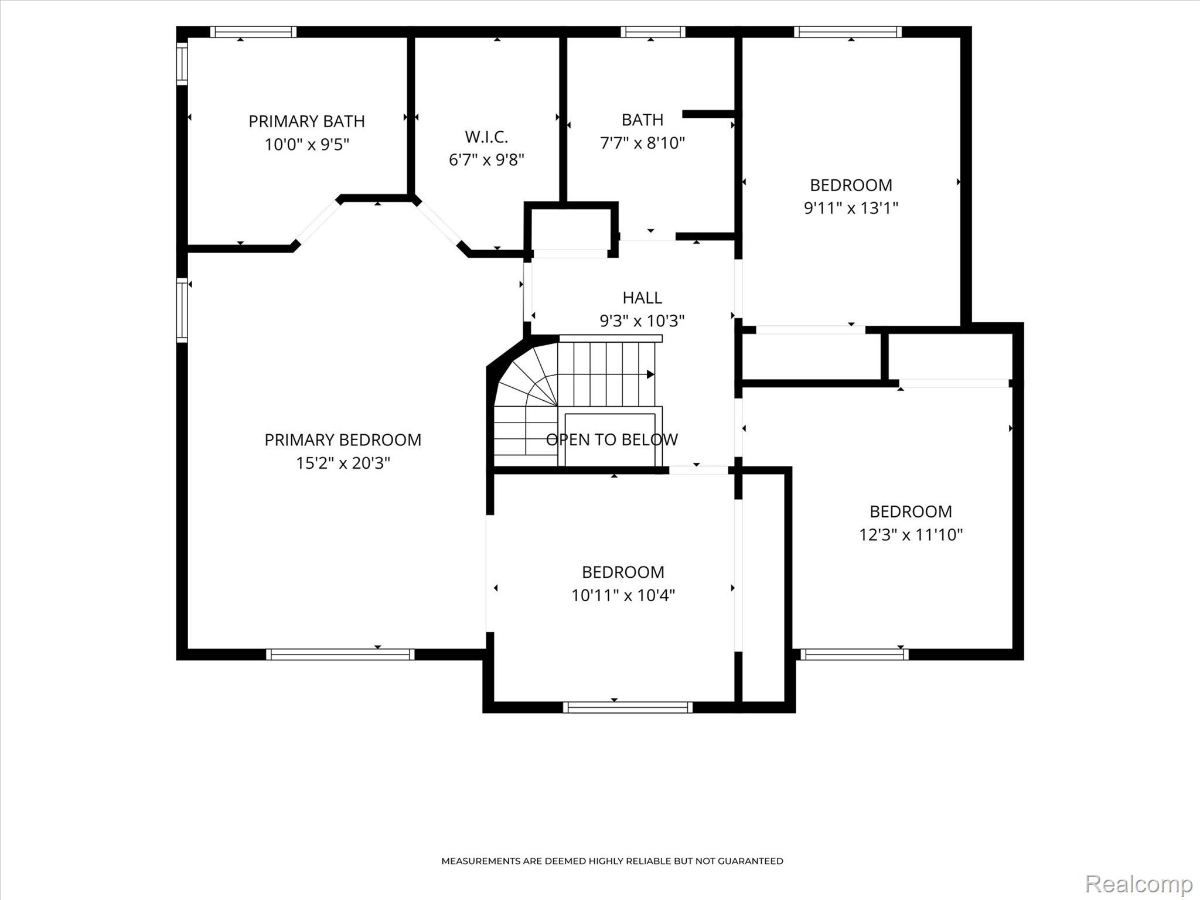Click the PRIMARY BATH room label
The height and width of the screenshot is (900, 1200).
(306, 121)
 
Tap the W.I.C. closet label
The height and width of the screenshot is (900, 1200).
(486, 137)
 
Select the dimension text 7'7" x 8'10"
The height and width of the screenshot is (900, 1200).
(642, 142)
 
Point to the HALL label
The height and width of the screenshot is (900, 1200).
(642, 298)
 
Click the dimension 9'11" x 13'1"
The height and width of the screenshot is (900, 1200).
(851, 208)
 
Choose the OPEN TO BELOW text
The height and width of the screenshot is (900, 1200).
(612, 439)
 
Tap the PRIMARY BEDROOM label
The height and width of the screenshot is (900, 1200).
(343, 440)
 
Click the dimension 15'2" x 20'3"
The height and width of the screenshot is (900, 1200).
(343, 463)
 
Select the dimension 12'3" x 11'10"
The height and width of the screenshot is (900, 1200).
(911, 534)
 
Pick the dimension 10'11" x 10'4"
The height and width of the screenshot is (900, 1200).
(623, 595)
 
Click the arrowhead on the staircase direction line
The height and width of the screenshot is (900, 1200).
(650, 374)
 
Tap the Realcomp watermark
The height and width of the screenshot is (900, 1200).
(1138, 884)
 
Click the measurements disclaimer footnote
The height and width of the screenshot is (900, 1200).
(612, 861)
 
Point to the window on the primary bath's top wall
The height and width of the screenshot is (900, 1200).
(253, 32)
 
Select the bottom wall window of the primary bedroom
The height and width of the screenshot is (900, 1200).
(340, 654)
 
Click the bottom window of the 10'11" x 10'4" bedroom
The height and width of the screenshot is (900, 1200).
(628, 707)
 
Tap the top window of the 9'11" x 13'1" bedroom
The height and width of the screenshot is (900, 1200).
(848, 32)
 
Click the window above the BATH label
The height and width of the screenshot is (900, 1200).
(653, 32)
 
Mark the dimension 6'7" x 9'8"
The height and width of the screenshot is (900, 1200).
(486, 159)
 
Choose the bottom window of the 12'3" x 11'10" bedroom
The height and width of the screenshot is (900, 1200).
(854, 654)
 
